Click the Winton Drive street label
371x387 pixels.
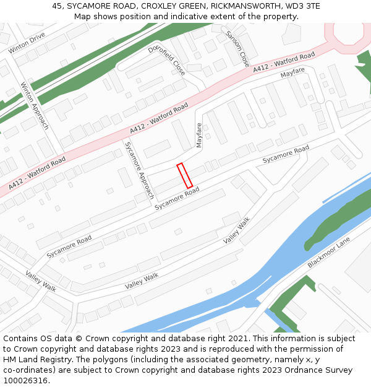coord(27,43)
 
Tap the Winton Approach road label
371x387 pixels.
coord(34,105)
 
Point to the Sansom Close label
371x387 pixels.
coord(237,48)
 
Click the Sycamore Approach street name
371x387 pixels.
coord(139,169)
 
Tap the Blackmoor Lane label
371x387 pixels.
coord(328,252)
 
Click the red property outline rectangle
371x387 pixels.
coord(184,175)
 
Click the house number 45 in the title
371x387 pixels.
coord(57,6)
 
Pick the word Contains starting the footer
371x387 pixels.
coord(21,339)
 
